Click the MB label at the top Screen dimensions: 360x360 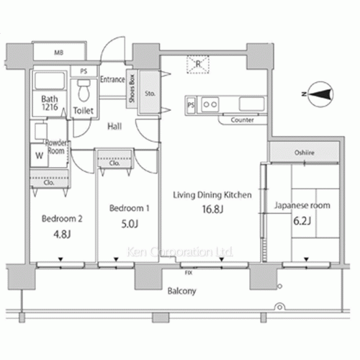pos(58,53)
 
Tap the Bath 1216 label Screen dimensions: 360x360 pos(48,104)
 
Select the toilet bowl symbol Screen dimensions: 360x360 pos(85,91)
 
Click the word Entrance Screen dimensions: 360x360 pos(112,79)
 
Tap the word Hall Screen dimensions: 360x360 pos(114,127)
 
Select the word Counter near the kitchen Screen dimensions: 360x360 pos(242,120)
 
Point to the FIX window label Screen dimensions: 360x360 pos(189,274)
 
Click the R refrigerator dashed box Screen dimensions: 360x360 pos(199,66)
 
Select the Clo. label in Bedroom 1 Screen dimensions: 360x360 pos(114,163)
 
